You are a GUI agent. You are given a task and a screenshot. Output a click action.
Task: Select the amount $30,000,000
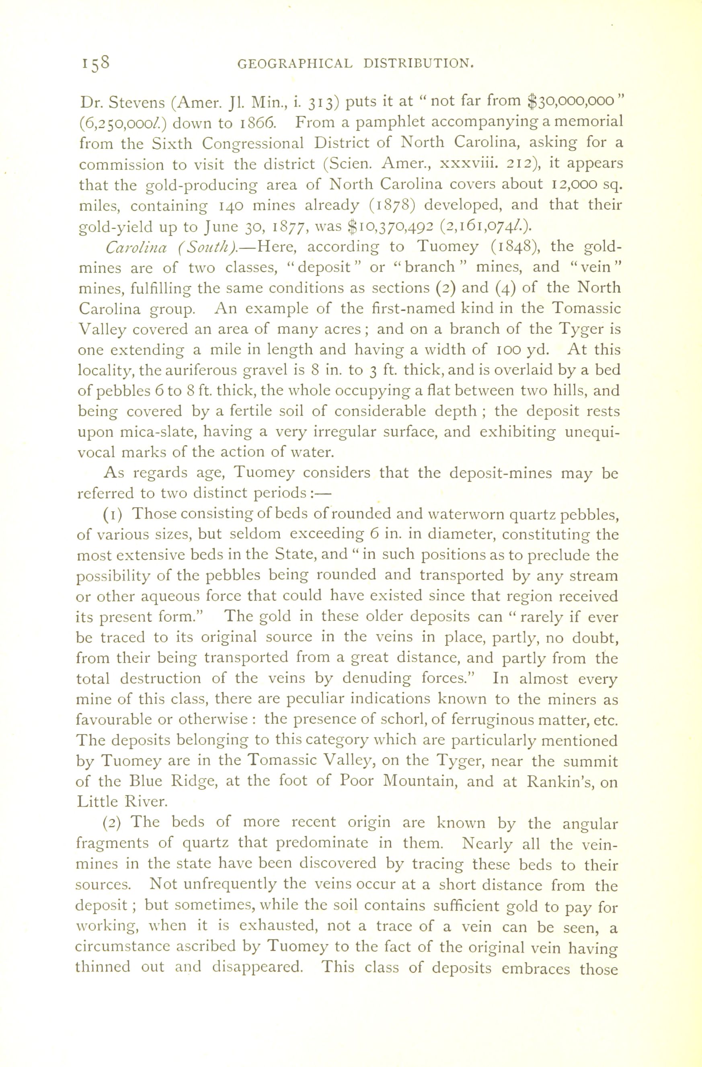point(570,101)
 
